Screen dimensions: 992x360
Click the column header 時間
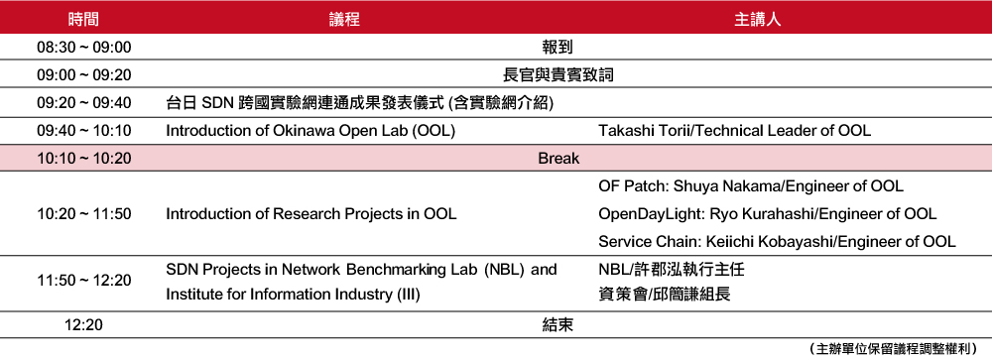[x=83, y=19]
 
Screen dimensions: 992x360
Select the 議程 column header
[x=344, y=19]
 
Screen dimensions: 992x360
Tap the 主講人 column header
[x=757, y=19]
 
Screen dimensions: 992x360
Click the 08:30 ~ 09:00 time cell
[x=83, y=47]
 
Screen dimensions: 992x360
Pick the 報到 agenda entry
[x=558, y=47]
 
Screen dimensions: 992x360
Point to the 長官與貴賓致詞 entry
[x=558, y=75]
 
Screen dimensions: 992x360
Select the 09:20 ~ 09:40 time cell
[x=83, y=103]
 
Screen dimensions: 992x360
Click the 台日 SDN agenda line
[x=359, y=103]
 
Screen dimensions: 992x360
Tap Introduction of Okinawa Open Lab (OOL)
[x=310, y=131]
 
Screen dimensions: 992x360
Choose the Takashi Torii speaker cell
[x=734, y=131]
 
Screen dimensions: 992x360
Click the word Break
[x=558, y=158]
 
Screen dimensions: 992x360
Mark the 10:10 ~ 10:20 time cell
[x=83, y=158]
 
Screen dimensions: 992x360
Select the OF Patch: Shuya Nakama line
[x=751, y=186]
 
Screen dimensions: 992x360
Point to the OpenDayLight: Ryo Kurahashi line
[x=768, y=214]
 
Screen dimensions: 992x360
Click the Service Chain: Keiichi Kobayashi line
[x=777, y=242]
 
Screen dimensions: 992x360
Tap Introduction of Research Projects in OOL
[x=310, y=214]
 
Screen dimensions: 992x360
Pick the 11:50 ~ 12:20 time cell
[x=83, y=280]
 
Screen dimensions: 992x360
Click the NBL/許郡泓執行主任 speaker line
[x=672, y=270]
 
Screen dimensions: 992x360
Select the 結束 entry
[x=558, y=325]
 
